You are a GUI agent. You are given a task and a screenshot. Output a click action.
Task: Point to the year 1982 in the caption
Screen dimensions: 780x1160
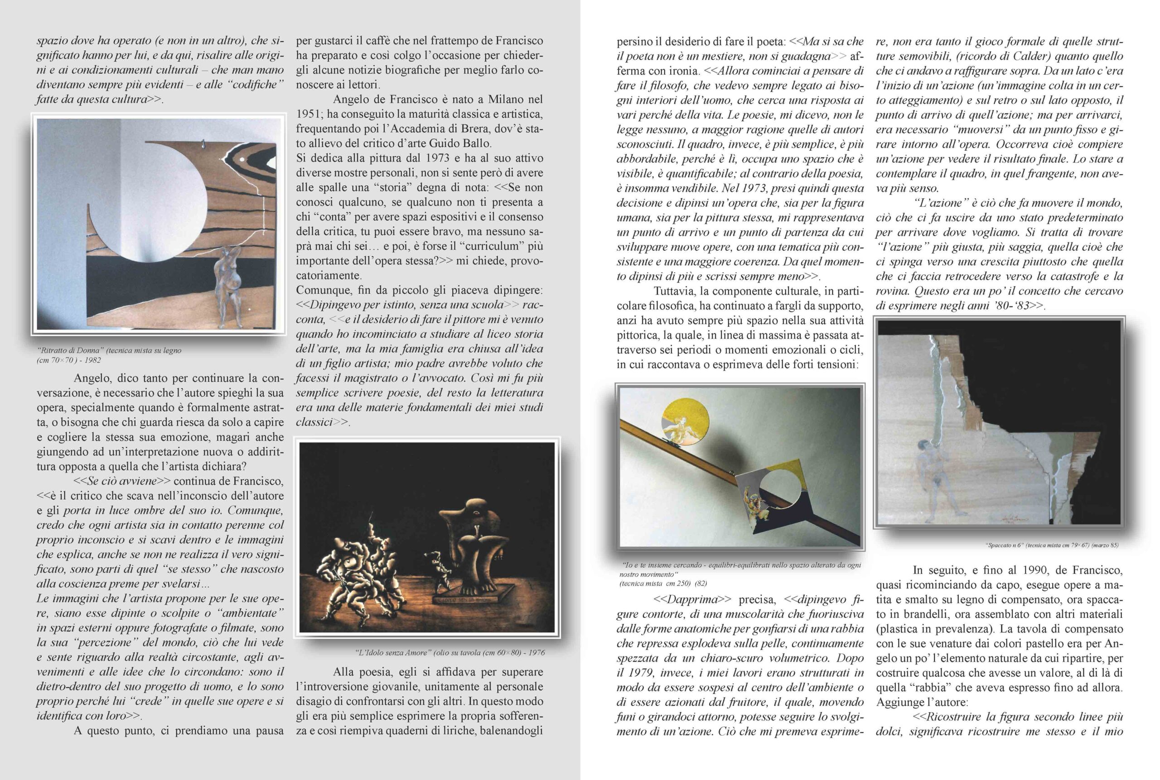pos(92,360)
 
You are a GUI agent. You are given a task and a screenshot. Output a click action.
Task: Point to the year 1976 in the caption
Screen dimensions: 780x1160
pos(536,653)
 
